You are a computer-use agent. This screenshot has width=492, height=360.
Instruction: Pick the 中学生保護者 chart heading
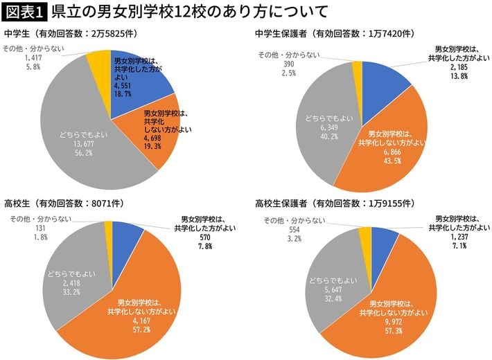(x=335, y=33)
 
